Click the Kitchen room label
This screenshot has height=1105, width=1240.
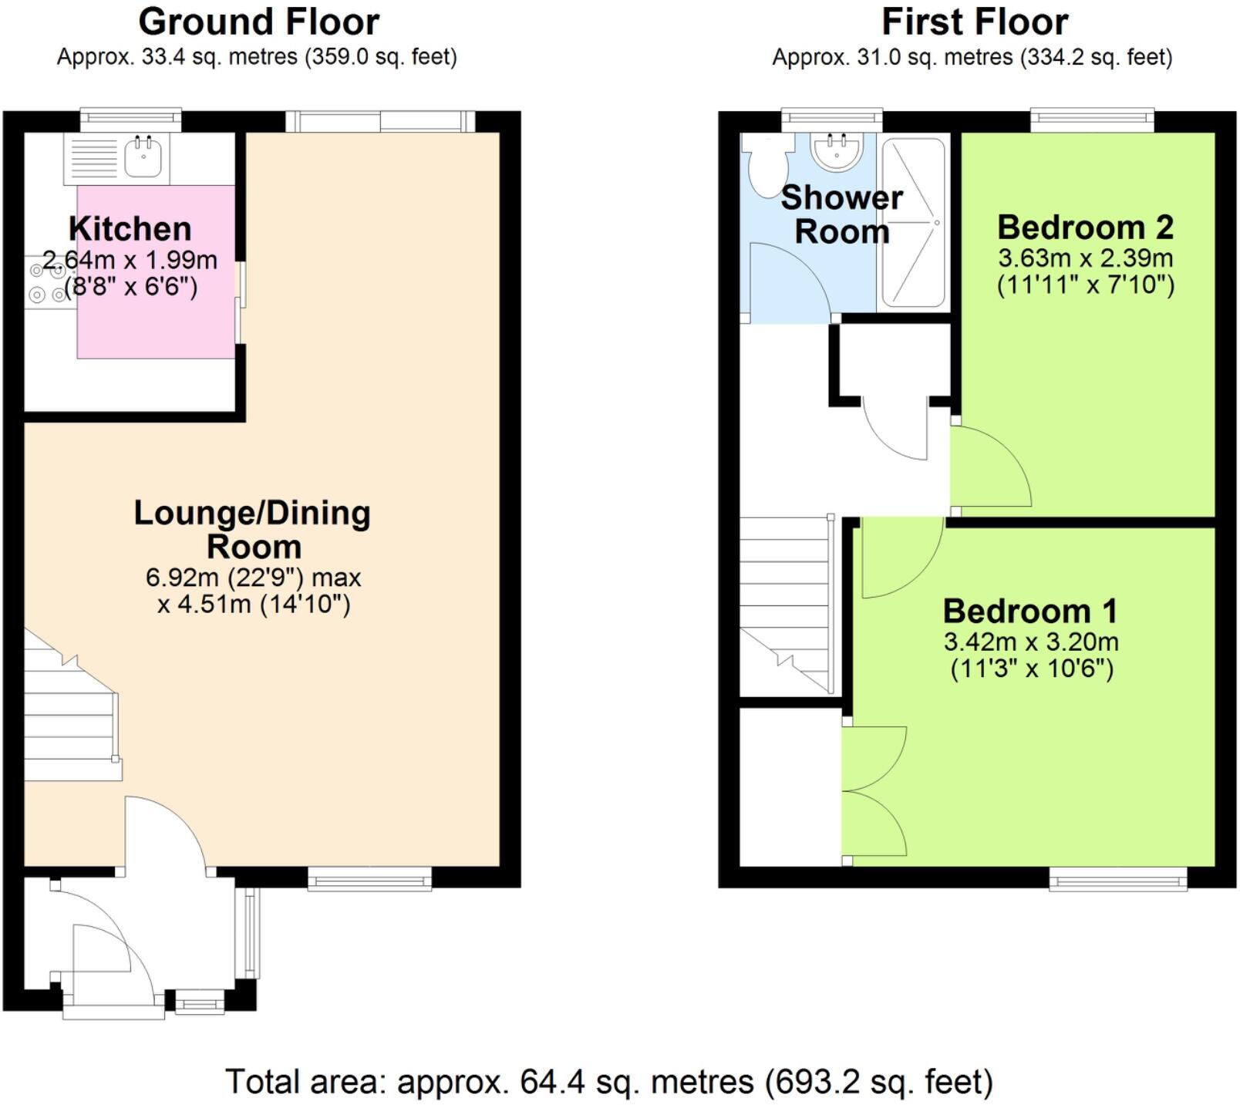(130, 229)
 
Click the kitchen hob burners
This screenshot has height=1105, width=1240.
(47, 282)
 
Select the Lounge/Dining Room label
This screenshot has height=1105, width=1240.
(252, 530)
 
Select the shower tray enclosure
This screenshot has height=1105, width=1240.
(913, 223)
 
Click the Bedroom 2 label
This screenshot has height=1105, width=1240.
(1085, 227)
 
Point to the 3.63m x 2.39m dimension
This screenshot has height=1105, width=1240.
(1085, 258)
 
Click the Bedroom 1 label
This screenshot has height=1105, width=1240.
(1029, 611)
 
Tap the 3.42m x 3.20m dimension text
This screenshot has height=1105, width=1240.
(1030, 642)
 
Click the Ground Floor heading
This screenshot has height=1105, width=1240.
(258, 22)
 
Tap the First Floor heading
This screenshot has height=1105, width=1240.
(974, 22)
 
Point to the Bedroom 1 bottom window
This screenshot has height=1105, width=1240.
(1117, 878)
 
